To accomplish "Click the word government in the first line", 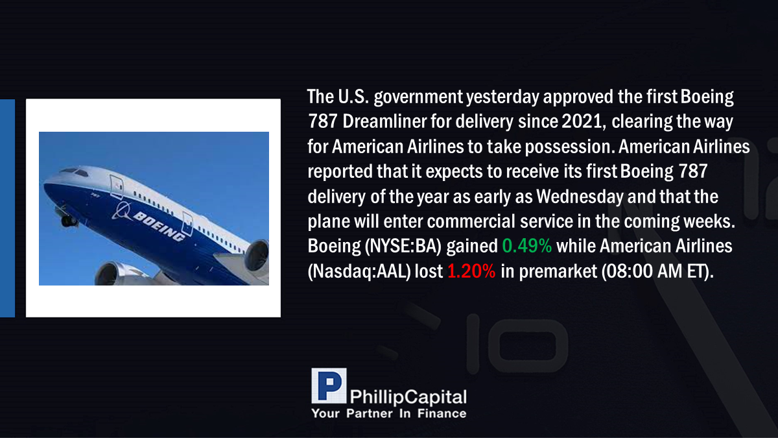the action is (419, 97).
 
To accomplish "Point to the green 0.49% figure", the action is (527, 246).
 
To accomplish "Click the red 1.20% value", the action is (471, 271).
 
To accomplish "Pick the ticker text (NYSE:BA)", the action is (403, 247).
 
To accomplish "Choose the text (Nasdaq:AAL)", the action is (359, 271).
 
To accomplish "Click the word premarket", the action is (558, 271).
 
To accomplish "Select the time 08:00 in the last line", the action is (627, 271).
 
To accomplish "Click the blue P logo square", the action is (329, 385).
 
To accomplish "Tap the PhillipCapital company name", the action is (408, 397).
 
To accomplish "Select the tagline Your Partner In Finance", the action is (389, 414).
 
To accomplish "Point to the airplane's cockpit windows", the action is (75, 172).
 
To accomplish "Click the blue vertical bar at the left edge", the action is (7, 208).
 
